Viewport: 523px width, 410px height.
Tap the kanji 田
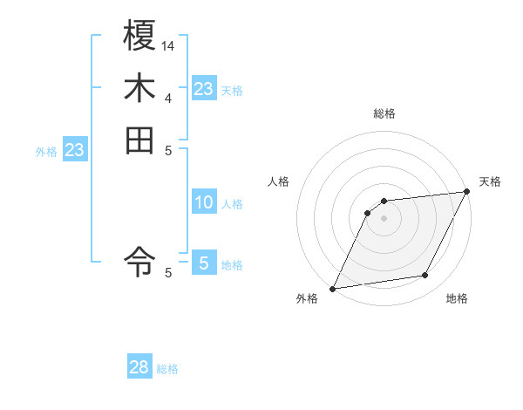[140, 140]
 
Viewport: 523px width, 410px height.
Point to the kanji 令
[140, 259]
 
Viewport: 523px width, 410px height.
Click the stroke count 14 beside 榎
[168, 44]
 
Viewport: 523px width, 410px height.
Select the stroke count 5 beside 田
[168, 150]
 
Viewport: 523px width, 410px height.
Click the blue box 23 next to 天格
[204, 89]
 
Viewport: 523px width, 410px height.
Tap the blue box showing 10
[204, 202]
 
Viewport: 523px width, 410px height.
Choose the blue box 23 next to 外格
[75, 150]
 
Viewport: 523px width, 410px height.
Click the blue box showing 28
[139, 368]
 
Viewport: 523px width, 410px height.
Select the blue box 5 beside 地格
[204, 263]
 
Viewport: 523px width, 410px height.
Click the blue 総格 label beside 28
[168, 369]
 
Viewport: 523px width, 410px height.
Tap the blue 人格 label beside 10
[233, 204]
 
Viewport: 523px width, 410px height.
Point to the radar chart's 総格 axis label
[384, 113]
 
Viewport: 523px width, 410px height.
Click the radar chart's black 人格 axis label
[278, 181]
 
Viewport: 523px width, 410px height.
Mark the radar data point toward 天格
[467, 192]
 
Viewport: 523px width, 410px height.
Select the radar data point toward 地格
[425, 276]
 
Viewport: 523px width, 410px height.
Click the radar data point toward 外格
[333, 289]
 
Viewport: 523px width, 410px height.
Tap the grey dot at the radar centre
[384, 219]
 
